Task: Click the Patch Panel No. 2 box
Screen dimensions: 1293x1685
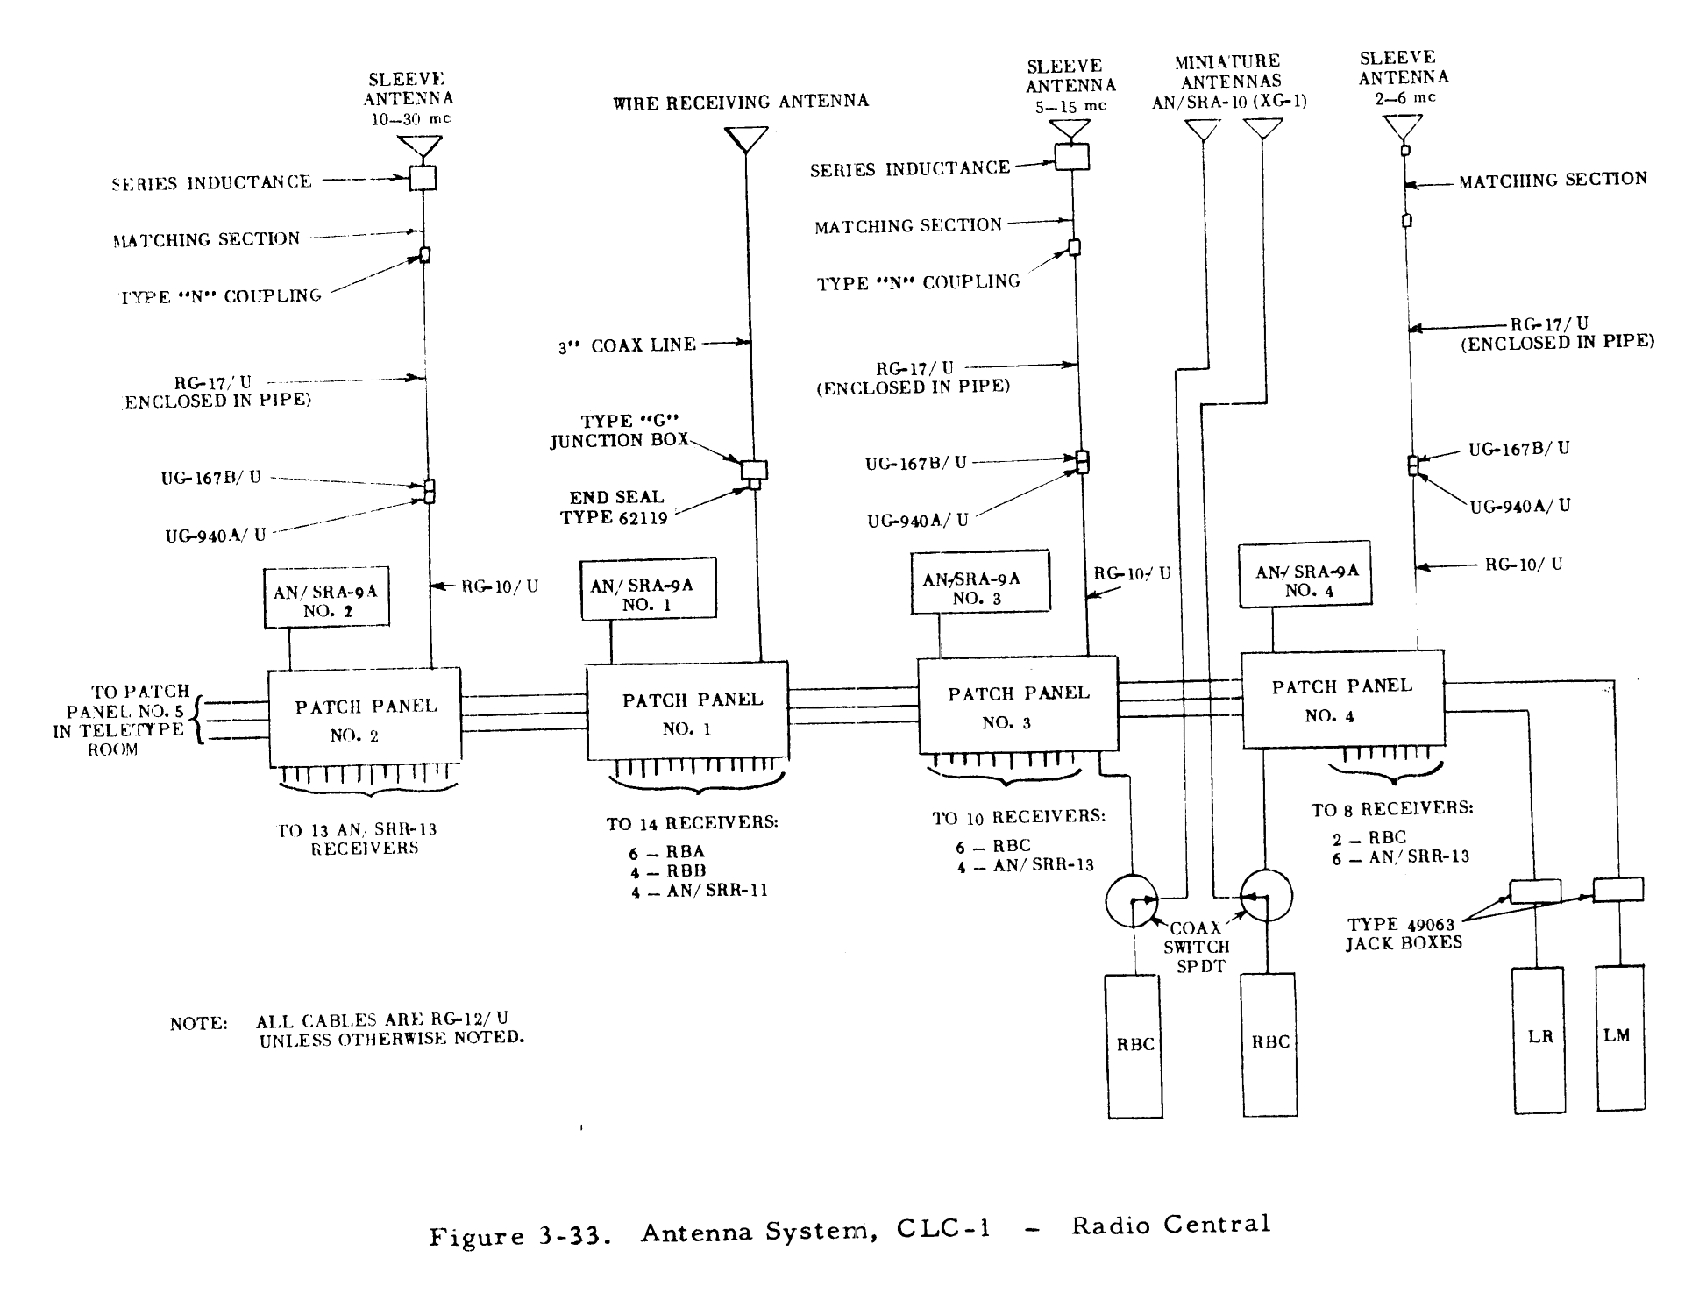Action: [x=364, y=717]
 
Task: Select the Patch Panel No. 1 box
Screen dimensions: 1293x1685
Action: [x=686, y=711]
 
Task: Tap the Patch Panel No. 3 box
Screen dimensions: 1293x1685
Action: [x=1017, y=706]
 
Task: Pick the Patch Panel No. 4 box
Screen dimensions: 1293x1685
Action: [x=1342, y=699]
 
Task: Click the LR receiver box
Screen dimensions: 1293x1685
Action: [x=1539, y=1040]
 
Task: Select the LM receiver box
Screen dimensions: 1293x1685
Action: [x=1618, y=1038]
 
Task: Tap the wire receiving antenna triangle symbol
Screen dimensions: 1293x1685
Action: [x=746, y=139]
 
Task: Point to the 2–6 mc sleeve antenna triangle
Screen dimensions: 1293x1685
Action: [x=1403, y=127]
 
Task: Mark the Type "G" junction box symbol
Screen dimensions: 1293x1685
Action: [x=754, y=470]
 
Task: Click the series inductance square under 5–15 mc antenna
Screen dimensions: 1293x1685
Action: [x=1071, y=156]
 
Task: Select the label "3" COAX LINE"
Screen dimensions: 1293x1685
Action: [x=627, y=345]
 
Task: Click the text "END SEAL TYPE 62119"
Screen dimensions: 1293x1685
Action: [x=615, y=508]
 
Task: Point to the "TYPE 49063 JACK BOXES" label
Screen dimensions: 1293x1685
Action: [x=1403, y=934]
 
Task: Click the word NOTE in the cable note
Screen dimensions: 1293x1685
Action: [x=199, y=1024]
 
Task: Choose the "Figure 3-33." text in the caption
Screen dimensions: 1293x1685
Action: [x=519, y=1236]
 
